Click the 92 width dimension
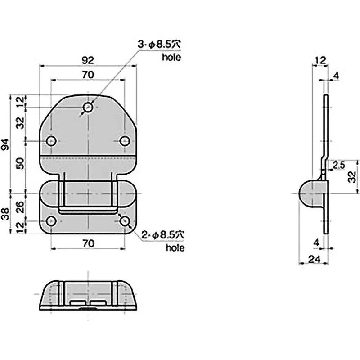tap(88, 58)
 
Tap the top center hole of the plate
tap(88, 108)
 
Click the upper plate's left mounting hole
tap(52, 141)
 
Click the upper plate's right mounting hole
tap(125, 141)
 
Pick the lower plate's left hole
tap(52, 221)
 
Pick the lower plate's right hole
tap(125, 221)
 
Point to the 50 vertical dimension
tap(21, 166)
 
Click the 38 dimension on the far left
tap(5, 211)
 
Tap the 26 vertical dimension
tap(21, 207)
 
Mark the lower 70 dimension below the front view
tap(88, 243)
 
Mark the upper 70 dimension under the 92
tap(88, 75)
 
